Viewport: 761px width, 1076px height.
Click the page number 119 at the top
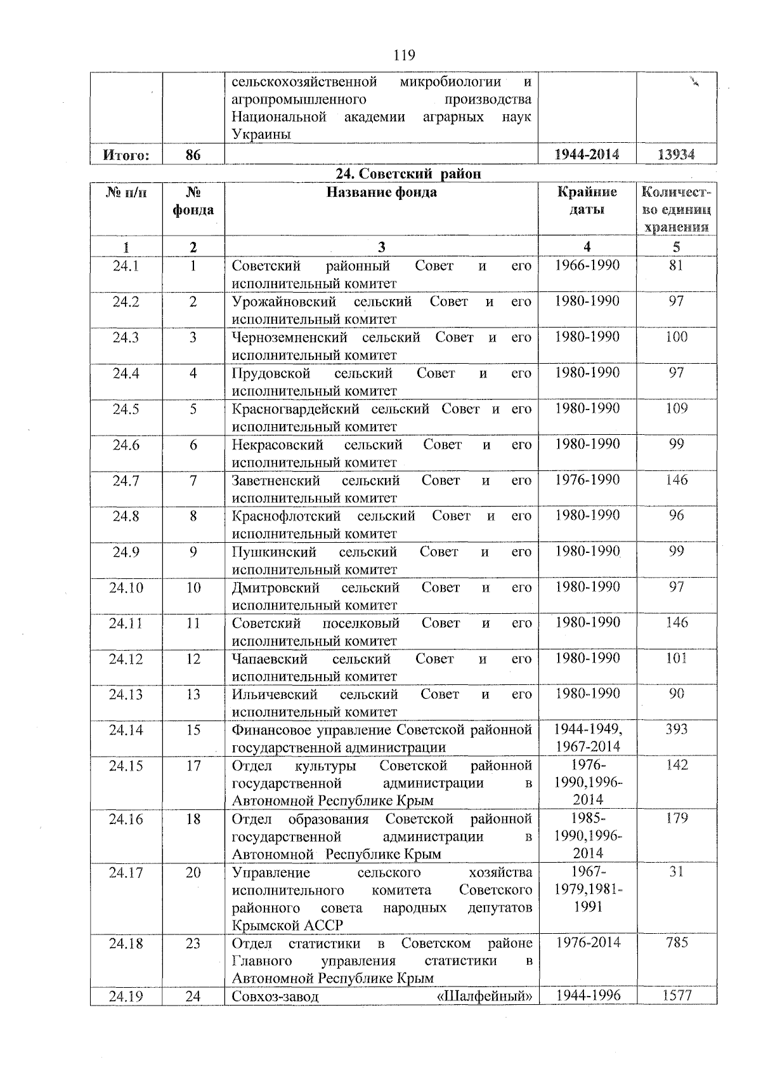[x=403, y=55]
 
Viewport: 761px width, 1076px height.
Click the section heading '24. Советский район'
[x=408, y=173]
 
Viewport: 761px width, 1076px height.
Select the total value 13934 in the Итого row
[x=676, y=154]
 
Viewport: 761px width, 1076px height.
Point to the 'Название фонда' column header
[x=381, y=192]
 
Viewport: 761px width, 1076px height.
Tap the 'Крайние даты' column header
[x=587, y=201]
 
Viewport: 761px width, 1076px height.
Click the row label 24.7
[x=126, y=481]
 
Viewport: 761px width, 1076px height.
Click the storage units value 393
[x=676, y=729]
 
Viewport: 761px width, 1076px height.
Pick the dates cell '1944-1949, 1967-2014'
[x=587, y=738]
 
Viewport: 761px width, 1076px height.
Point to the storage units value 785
[x=677, y=943]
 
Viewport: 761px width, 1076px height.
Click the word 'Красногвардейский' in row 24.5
[x=296, y=409]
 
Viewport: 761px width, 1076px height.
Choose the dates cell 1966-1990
[x=587, y=266]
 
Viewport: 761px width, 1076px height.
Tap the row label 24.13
[x=126, y=694]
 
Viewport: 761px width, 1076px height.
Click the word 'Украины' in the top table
[x=261, y=135]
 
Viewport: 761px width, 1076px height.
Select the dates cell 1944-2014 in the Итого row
[x=587, y=154]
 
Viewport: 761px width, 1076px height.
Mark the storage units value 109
[x=676, y=409]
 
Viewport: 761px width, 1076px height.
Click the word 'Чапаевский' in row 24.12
[x=270, y=659]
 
